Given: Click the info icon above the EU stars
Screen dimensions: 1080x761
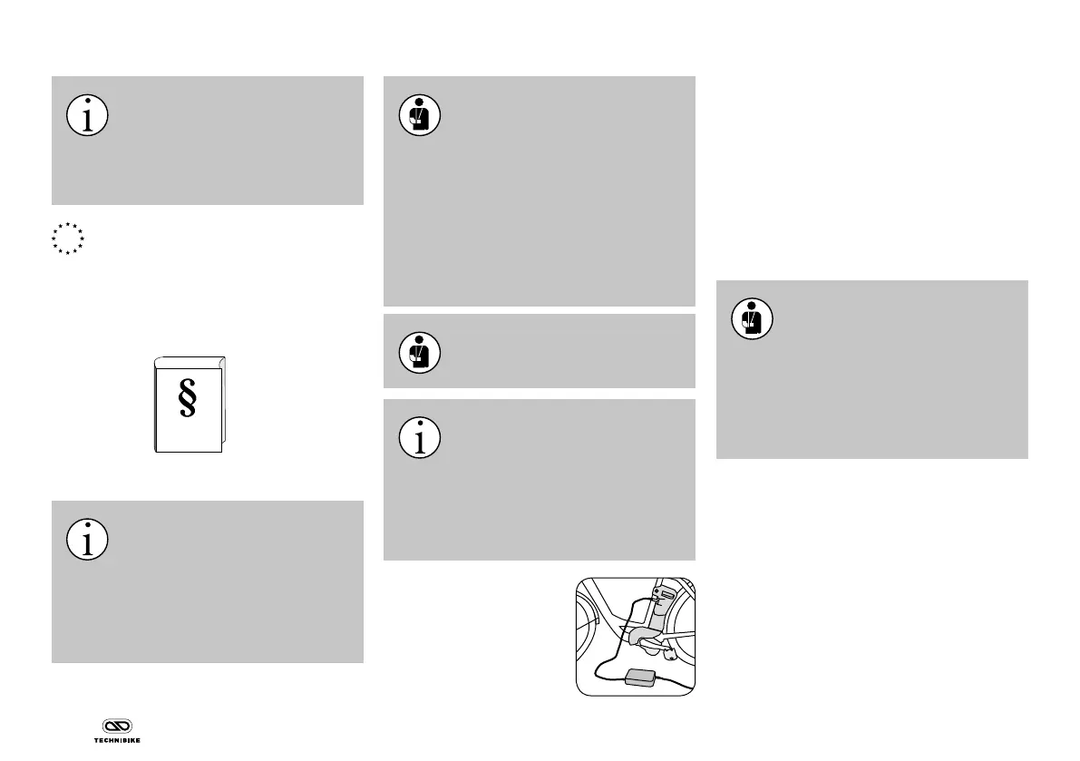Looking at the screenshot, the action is tap(87, 115).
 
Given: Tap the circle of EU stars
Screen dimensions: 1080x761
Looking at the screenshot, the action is tap(67, 238).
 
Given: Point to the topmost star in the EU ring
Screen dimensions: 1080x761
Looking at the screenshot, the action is tap(67, 223).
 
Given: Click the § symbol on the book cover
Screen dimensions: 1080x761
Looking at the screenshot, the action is tap(188, 399).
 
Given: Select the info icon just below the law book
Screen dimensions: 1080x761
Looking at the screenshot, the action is tap(87, 539).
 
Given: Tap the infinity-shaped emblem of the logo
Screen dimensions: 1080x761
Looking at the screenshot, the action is tap(116, 727).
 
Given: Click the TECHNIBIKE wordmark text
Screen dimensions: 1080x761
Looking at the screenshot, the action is tap(116, 740).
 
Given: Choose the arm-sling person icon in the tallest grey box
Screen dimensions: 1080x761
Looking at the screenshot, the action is tap(420, 115).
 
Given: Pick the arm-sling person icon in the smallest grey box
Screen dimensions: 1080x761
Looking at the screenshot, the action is tap(420, 351).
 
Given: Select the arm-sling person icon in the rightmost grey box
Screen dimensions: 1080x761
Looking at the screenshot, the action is tap(752, 318).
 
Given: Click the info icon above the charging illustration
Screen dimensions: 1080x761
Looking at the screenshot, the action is tap(420, 438).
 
